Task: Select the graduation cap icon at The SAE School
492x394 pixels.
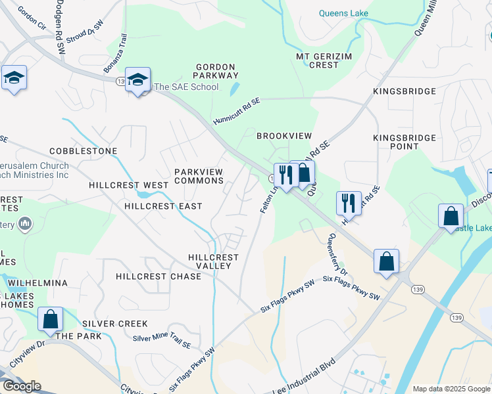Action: tap(138, 80)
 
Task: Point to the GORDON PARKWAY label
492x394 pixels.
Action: tap(216, 72)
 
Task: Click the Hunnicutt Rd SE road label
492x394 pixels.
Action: tap(237, 112)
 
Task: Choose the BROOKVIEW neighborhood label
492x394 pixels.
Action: tap(283, 135)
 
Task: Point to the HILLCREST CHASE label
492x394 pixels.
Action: tap(159, 276)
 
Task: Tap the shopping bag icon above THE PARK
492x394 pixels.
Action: tap(50, 320)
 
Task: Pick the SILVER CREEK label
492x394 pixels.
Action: tap(115, 324)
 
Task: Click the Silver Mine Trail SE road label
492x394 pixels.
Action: tap(161, 341)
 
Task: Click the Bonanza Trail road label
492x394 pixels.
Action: tap(114, 55)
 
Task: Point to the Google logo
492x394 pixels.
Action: tap(21, 385)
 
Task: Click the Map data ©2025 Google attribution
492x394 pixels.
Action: tap(451, 389)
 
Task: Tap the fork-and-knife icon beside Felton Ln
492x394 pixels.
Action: tap(283, 176)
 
